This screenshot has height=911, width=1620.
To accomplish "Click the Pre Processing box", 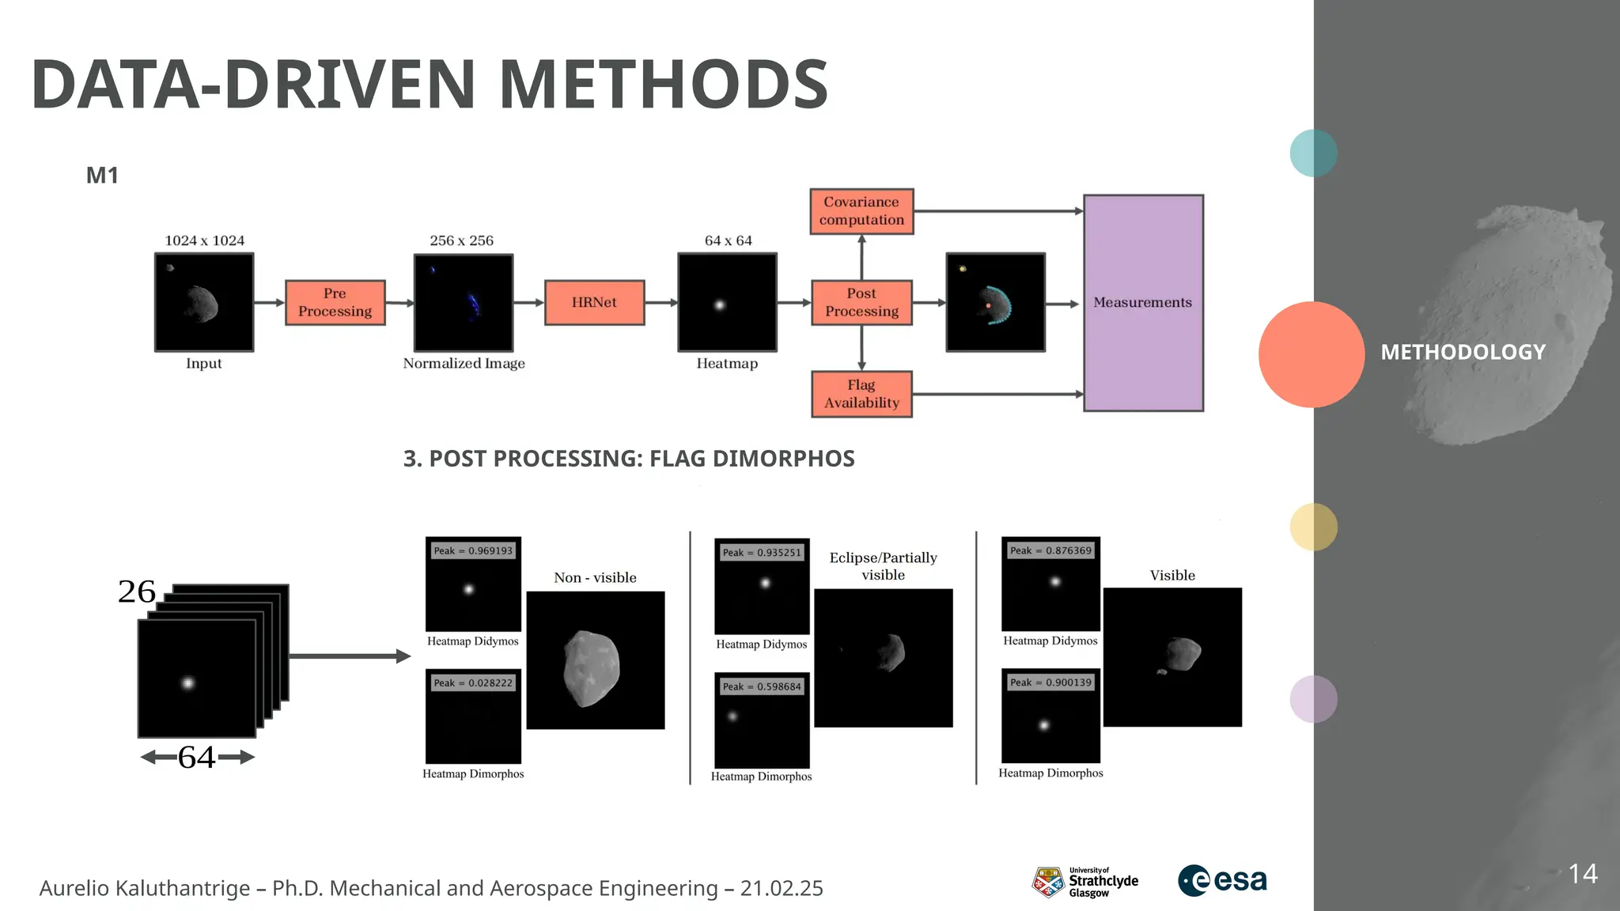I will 335,302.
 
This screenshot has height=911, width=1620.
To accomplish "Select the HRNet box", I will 594,302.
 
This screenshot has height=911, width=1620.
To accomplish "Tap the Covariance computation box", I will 861,211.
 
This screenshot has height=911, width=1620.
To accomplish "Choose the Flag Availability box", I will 861,394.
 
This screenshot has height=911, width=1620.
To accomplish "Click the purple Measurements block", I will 1143,303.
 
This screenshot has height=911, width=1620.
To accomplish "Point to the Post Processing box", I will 861,302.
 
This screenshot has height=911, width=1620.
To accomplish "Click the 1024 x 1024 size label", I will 204,240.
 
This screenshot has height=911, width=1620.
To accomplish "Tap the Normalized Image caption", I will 464,364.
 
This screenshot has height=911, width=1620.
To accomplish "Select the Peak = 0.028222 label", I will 473,682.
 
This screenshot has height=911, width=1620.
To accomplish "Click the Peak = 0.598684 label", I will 762,686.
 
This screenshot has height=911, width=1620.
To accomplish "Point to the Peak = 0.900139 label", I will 1050,682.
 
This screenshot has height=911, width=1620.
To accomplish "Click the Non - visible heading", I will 595,577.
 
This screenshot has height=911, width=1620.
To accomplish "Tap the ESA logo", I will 1222,880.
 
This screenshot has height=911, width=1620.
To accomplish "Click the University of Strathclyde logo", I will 1084,882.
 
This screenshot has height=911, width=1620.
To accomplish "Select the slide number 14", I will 1583,874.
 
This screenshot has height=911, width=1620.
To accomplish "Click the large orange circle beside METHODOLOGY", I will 1311,354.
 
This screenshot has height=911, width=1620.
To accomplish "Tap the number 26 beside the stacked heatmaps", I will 137,592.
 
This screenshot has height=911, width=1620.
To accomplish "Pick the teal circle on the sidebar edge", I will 1313,153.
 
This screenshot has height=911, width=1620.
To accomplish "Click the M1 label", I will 102,176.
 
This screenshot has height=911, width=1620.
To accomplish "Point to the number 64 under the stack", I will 197,758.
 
